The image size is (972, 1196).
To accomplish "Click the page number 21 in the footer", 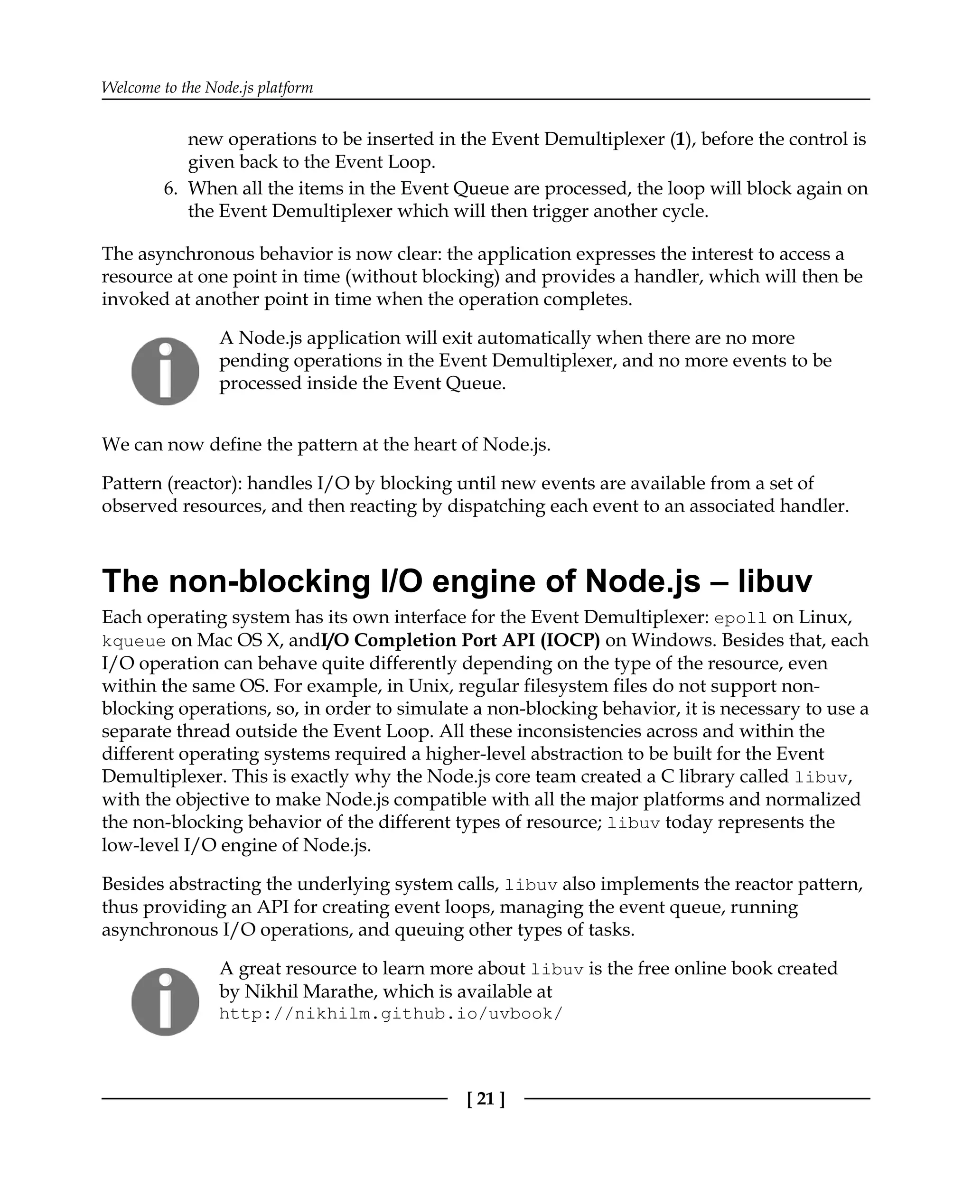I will click(x=485, y=1100).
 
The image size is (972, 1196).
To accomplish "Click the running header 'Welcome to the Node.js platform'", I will click(x=207, y=87).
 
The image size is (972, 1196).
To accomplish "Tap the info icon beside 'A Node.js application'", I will click(x=165, y=371).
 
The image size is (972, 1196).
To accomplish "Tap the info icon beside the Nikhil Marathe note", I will click(x=165, y=1002).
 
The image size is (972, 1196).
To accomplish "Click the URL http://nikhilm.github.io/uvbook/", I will click(x=390, y=1014).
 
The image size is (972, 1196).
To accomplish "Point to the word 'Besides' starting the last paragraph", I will click(x=133, y=884).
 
